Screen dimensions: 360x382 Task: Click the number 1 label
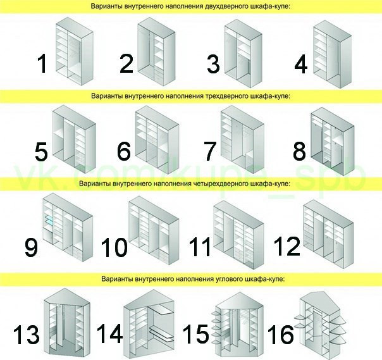click(42, 63)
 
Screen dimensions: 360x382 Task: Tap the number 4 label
click(300, 64)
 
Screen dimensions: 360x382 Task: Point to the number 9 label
click(31, 246)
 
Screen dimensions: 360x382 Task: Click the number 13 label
click(27, 335)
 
